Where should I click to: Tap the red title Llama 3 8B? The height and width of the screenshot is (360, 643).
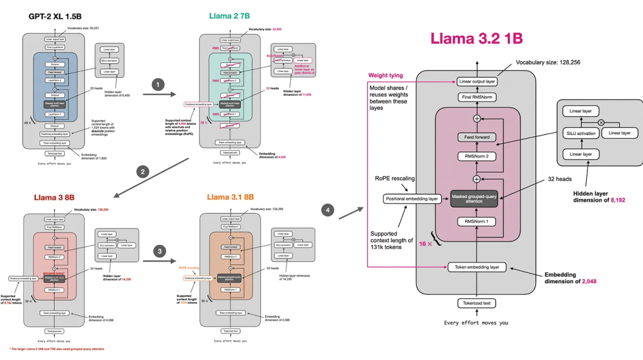pyautogui.click(x=54, y=197)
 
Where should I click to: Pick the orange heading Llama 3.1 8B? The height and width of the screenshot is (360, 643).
pyautogui.click(x=231, y=197)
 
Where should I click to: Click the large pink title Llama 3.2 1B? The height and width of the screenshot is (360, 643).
pyautogui.click(x=476, y=39)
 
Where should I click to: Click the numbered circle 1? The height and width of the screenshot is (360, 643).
pyautogui.click(x=157, y=84)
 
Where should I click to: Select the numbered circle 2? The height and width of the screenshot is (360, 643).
pyautogui.click(x=142, y=173)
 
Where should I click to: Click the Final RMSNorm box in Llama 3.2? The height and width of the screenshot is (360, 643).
pyautogui.click(x=477, y=97)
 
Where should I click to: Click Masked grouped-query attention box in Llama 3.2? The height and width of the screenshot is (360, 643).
pyautogui.click(x=474, y=198)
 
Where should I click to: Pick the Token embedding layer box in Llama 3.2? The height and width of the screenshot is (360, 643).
pyautogui.click(x=477, y=267)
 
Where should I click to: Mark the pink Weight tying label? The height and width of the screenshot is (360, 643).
pyautogui.click(x=386, y=76)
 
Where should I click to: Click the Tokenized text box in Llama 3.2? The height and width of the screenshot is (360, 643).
pyautogui.click(x=477, y=303)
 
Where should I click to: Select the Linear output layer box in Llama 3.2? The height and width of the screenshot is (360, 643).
pyautogui.click(x=477, y=82)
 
